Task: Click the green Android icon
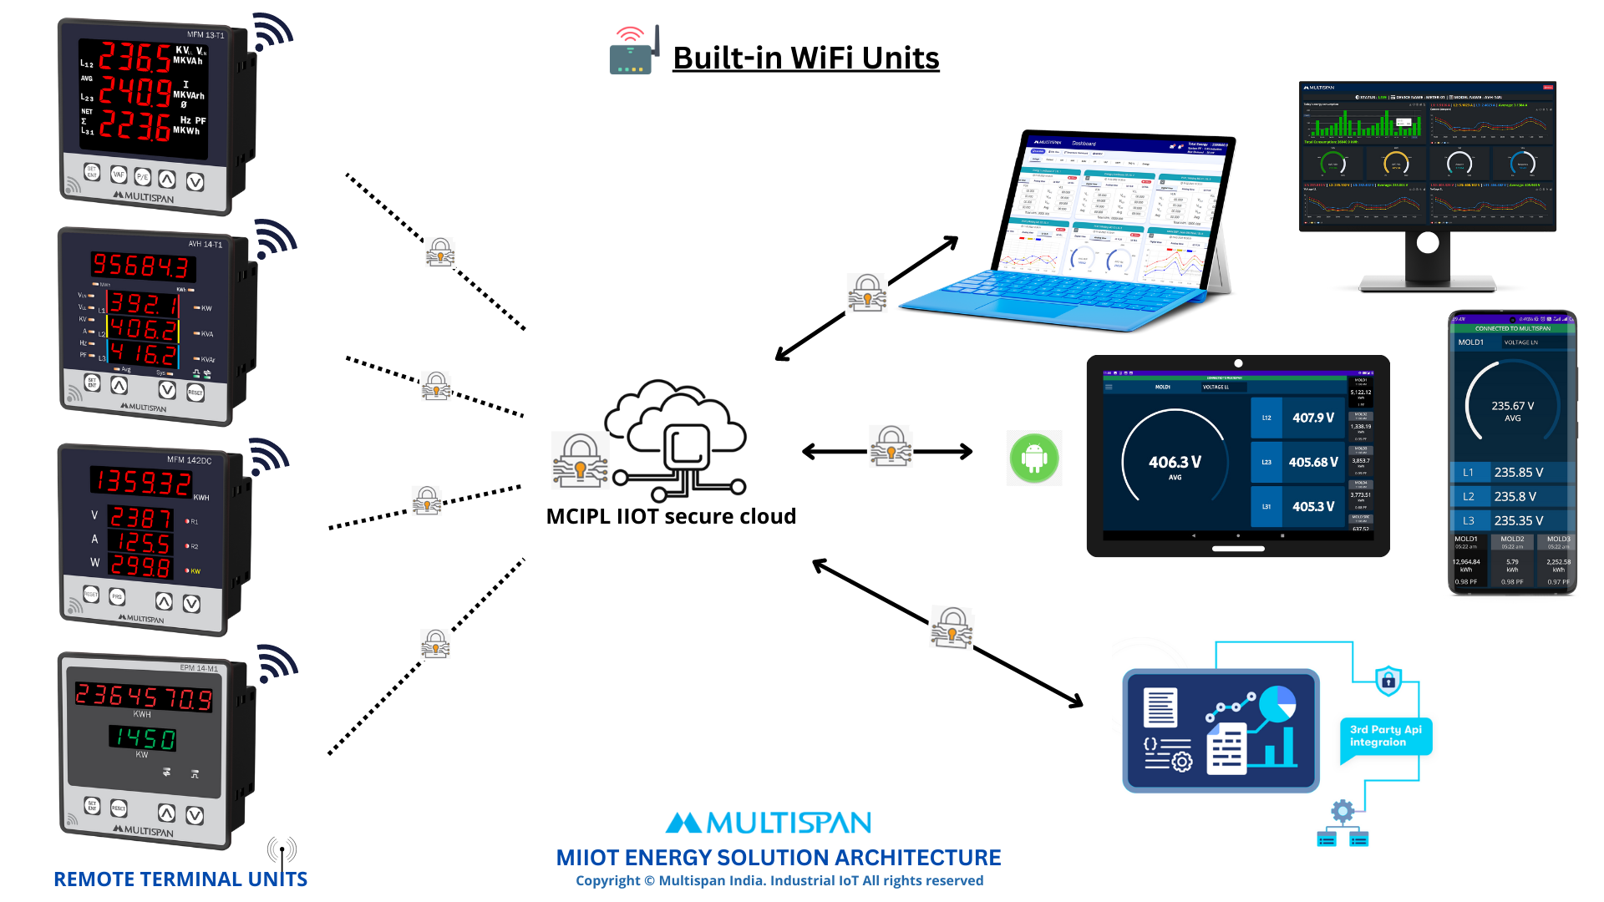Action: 1034,458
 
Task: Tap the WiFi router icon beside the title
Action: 634,52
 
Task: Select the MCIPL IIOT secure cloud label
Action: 671,516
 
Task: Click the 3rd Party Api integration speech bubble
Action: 1385,736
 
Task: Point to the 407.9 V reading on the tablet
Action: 1312,418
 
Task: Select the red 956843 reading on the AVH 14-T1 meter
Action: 142,266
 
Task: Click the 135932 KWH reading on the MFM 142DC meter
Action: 142,482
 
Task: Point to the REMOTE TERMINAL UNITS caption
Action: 180,879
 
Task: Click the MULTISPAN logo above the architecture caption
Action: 768,823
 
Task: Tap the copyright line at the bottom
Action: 779,881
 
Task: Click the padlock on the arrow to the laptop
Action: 867,292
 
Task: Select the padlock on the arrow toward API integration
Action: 952,627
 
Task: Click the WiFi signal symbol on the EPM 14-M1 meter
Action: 277,662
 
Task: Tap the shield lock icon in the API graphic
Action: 1388,681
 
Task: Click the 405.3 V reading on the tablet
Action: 1312,506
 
